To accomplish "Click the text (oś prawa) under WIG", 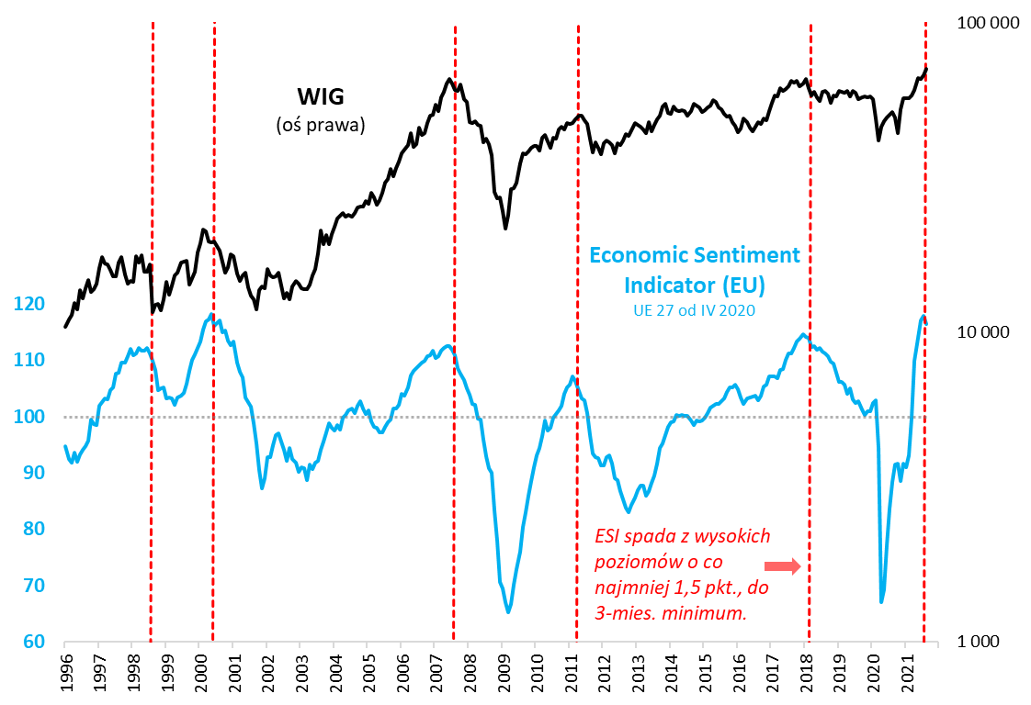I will pos(321,125).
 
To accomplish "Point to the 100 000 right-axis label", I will pos(989,24).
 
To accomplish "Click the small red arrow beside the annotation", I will pos(783,566).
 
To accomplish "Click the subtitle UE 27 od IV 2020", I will pos(695,311).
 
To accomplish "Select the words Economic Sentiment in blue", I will pos(695,255).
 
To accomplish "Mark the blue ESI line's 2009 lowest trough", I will pos(508,611).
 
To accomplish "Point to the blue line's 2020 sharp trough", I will pos(881,601).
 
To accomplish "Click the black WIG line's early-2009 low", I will pos(505,228).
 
